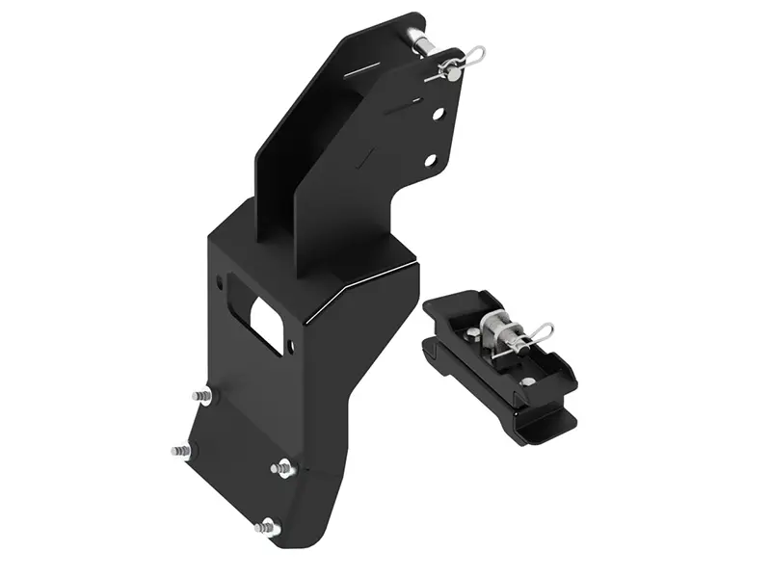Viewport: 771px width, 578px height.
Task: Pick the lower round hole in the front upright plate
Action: [431, 160]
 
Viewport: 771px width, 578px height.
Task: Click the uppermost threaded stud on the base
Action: [202, 395]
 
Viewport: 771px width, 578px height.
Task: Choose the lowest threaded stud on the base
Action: [266, 527]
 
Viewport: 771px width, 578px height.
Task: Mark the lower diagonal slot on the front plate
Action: [364, 153]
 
